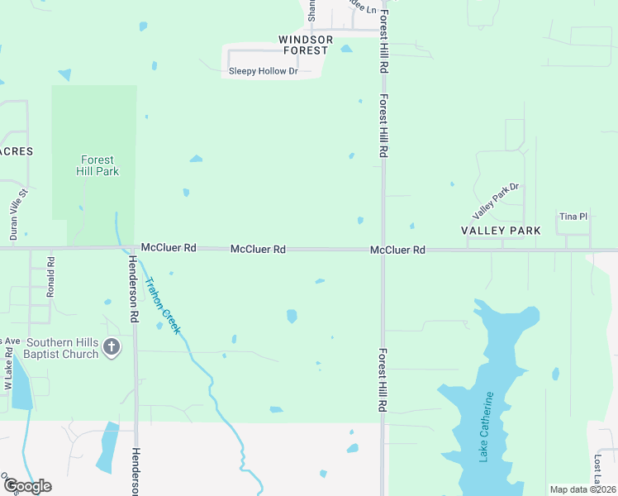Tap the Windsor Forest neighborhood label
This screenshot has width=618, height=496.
click(303, 45)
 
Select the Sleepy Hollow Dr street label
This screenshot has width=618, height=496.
click(263, 71)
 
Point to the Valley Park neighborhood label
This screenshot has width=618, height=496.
click(501, 231)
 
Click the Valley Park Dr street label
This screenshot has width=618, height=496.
click(495, 199)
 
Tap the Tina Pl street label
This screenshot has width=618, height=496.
click(573, 217)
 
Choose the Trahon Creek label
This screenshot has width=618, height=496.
click(163, 303)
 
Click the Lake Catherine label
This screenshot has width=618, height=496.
click(487, 427)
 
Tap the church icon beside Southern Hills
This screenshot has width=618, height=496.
click(112, 347)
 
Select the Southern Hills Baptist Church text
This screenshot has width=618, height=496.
click(62, 348)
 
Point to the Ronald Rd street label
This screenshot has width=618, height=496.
click(51, 277)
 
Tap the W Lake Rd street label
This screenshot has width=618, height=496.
click(8, 370)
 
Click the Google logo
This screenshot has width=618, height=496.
click(26, 486)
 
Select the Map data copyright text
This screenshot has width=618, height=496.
click(582, 489)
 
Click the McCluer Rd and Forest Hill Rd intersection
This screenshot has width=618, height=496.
click(383, 249)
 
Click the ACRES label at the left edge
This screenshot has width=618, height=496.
click(17, 151)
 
